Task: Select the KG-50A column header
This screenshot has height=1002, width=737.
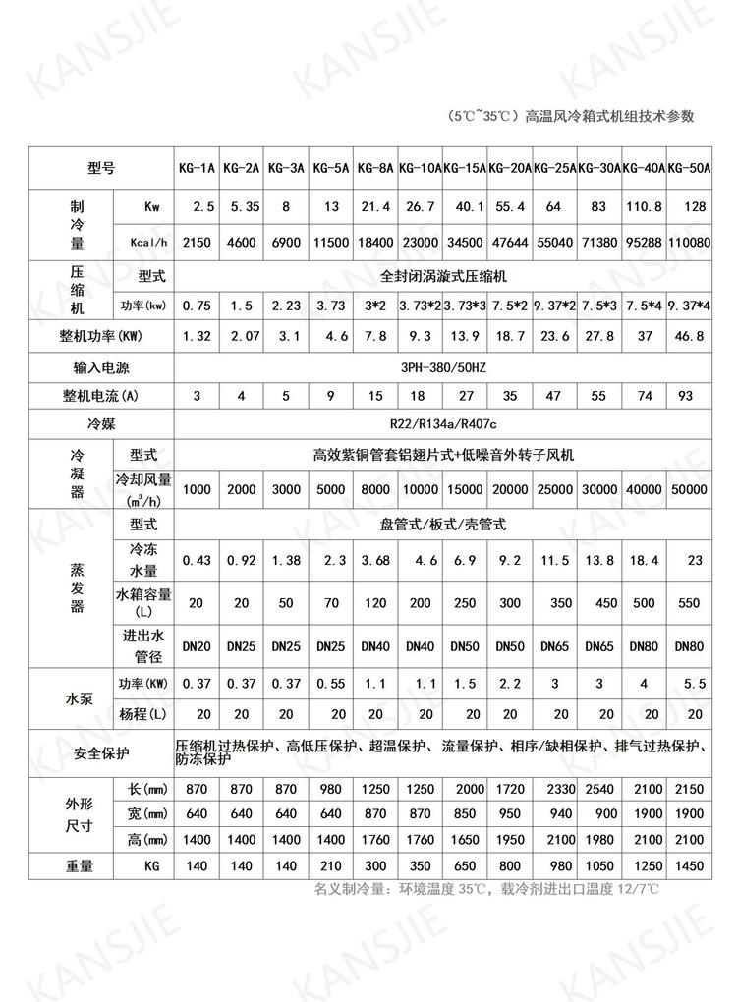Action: (x=688, y=168)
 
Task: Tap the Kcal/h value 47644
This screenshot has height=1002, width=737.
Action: (x=510, y=240)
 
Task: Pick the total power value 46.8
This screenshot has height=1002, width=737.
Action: (x=688, y=336)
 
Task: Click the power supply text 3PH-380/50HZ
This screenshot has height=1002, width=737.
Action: (x=443, y=368)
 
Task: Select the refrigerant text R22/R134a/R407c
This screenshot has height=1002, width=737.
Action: (x=443, y=425)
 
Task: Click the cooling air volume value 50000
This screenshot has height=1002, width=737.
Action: (x=688, y=489)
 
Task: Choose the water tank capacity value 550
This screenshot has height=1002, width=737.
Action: (x=688, y=602)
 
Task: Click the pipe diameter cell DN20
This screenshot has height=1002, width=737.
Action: (x=198, y=646)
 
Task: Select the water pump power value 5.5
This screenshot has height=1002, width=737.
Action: (x=688, y=683)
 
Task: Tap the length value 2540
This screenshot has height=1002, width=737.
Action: (x=599, y=791)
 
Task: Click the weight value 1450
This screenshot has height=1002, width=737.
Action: (x=688, y=868)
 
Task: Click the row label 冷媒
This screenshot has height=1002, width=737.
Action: (x=101, y=425)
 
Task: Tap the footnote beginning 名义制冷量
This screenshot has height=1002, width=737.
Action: (x=486, y=890)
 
